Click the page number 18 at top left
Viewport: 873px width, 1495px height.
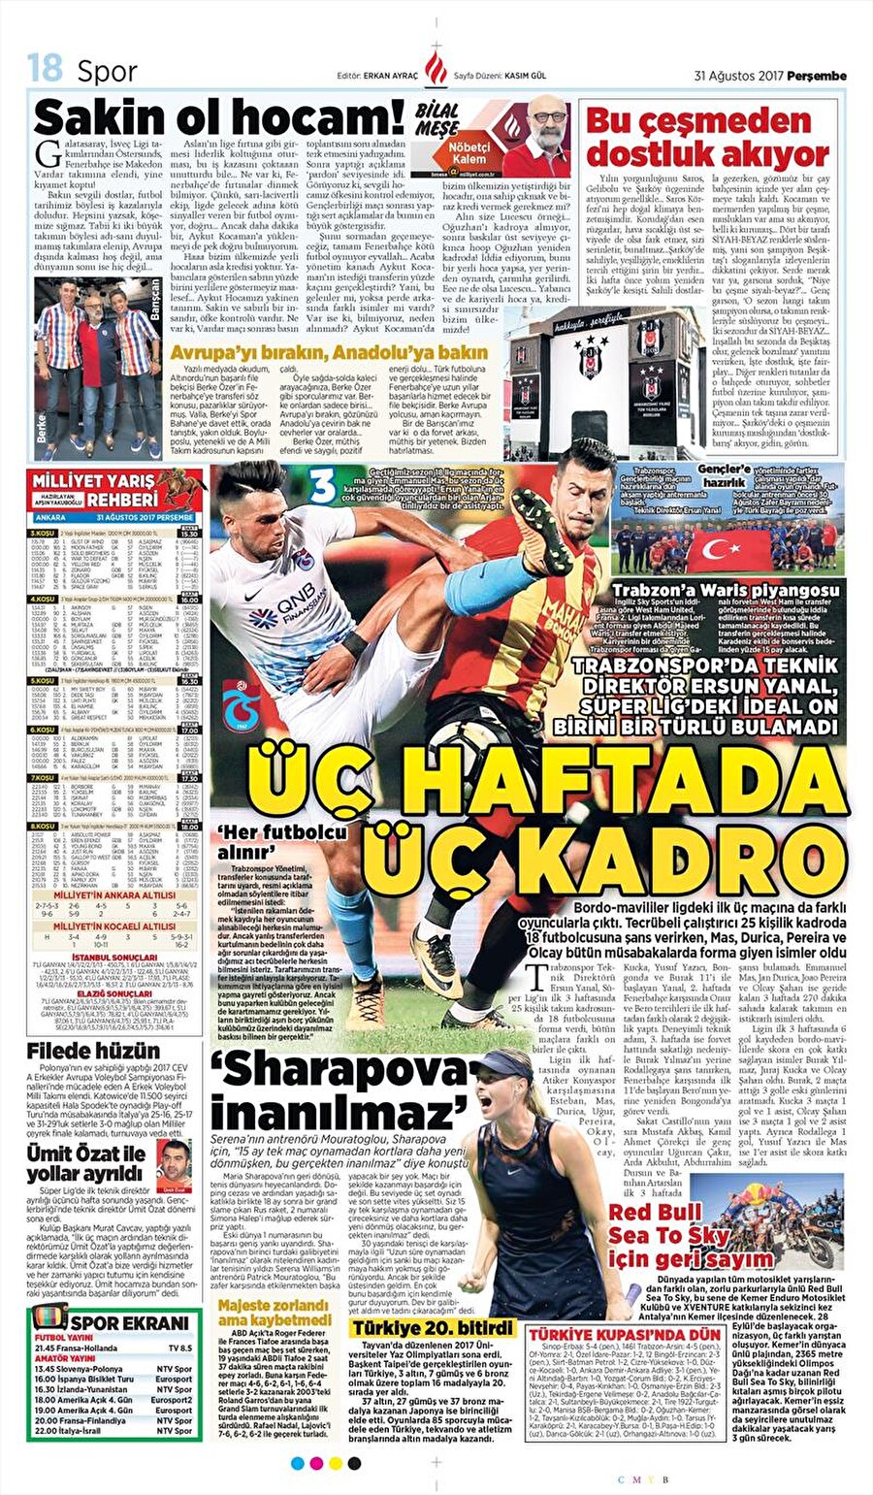45,69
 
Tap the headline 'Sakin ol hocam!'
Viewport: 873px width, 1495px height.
219,118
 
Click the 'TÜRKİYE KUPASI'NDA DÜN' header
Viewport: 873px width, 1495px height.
624,1334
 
